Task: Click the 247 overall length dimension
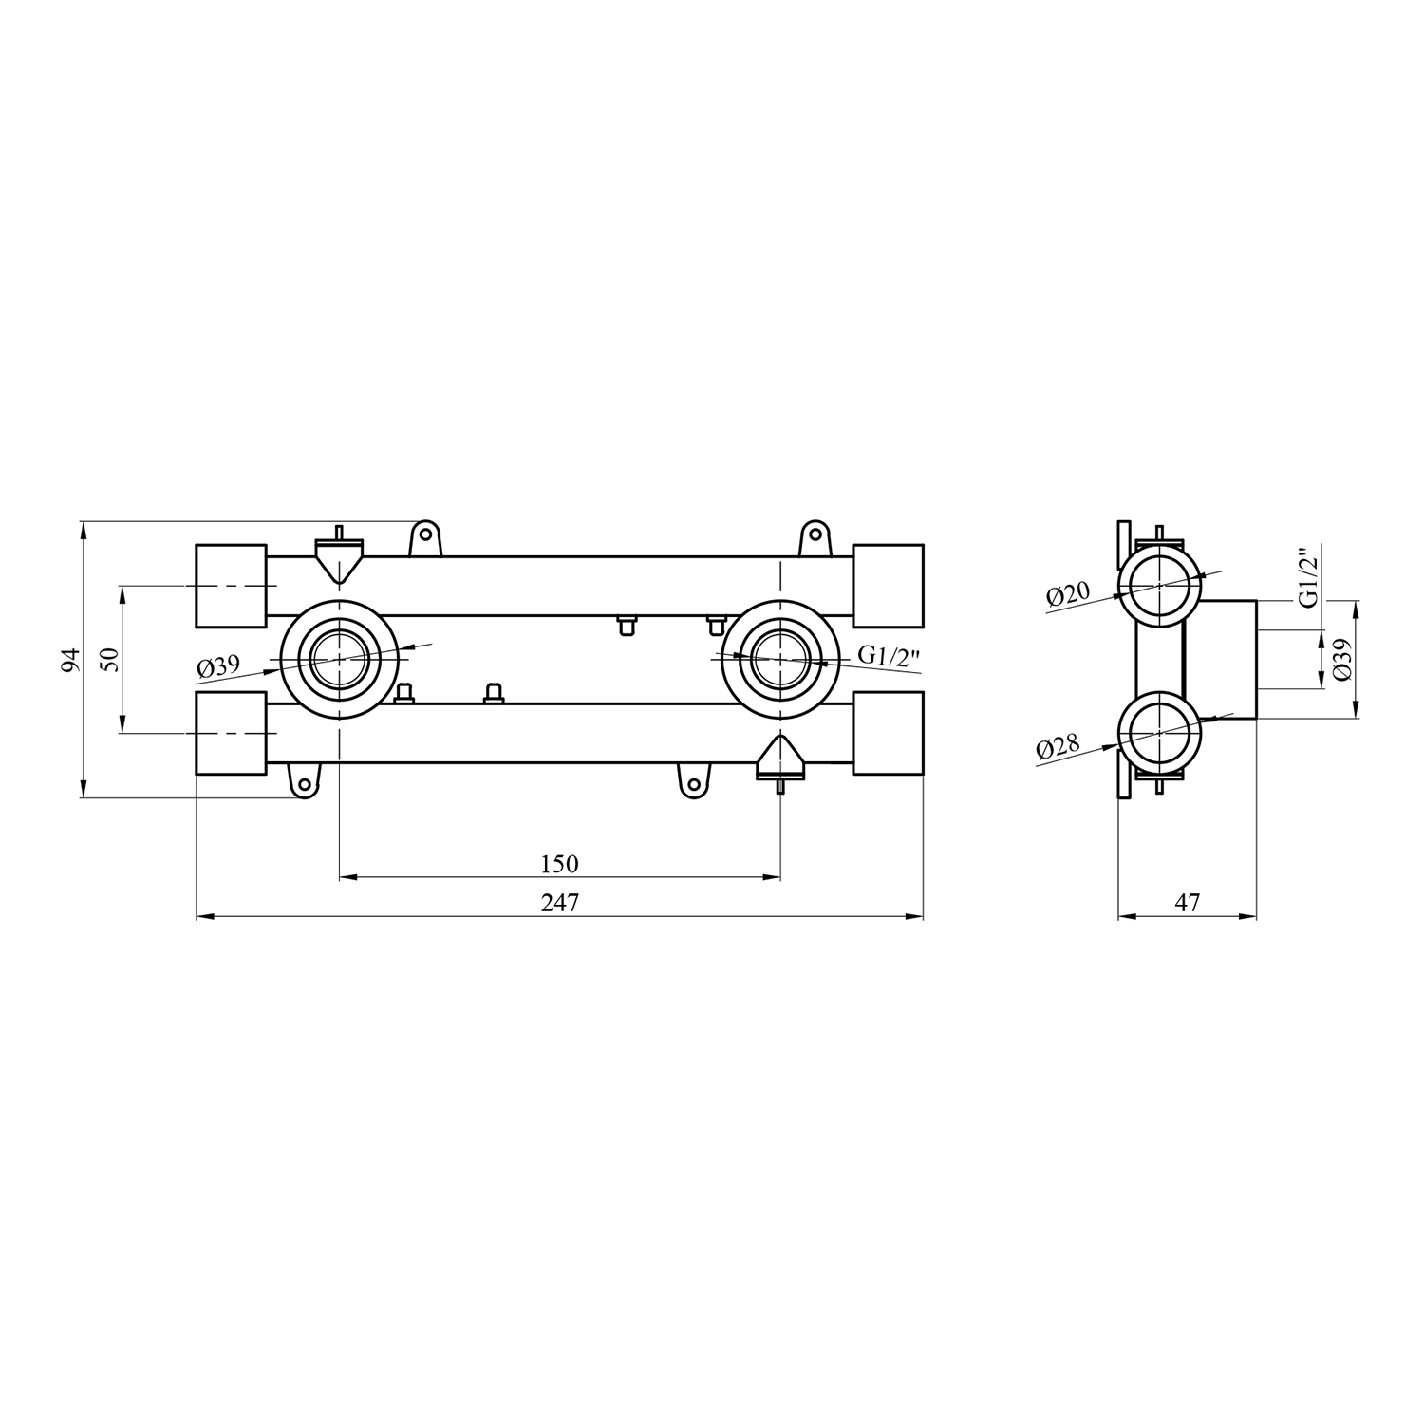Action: (x=560, y=903)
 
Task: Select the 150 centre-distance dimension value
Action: (x=559, y=864)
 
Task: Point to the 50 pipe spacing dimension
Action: (x=110, y=660)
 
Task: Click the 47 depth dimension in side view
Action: (x=1188, y=903)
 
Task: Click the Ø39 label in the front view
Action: (x=218, y=667)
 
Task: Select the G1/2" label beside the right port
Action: (x=890, y=656)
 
